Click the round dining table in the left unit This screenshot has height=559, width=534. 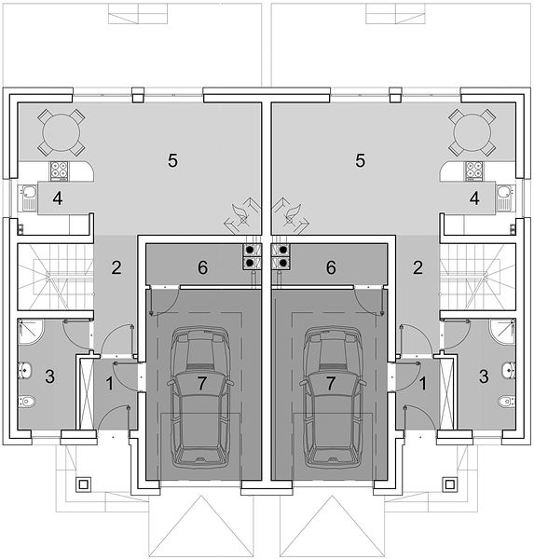tap(61, 133)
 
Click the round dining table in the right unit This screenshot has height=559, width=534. tap(472, 133)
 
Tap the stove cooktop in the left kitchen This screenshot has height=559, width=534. tap(59, 170)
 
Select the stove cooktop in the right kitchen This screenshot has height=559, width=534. tap(473, 170)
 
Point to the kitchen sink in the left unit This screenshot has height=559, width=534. tap(28, 198)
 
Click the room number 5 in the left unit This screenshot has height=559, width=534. tap(172, 160)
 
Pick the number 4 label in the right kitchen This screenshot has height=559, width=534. tap(474, 198)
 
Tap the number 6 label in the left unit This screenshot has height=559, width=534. tap(202, 267)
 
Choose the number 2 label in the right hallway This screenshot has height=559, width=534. tap(418, 267)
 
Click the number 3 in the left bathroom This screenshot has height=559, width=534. tap(50, 376)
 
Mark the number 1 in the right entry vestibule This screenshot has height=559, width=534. tap(423, 384)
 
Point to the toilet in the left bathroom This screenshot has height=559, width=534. tap(27, 402)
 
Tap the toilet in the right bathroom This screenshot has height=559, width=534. tap(507, 402)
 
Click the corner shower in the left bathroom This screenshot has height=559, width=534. tap(30, 331)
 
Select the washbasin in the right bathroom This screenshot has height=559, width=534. tap(509, 370)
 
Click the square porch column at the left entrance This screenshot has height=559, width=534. tap(84, 484)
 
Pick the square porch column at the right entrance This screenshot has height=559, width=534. tap(449, 484)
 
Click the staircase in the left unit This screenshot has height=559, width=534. tap(55, 277)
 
